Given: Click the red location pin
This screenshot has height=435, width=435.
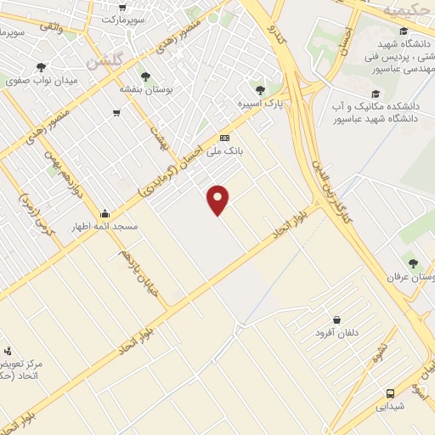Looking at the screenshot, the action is (218, 200).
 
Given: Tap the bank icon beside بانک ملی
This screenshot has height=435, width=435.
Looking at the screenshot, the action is (224, 138).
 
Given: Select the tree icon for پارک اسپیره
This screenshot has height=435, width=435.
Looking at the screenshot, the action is (260, 89).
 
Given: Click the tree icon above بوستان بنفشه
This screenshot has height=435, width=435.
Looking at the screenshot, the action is (144, 76).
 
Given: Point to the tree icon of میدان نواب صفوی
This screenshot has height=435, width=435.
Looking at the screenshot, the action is (41, 66).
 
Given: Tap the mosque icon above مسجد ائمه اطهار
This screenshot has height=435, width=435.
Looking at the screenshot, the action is (105, 214).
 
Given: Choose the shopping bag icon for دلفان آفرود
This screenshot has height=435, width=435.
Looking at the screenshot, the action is (337, 320).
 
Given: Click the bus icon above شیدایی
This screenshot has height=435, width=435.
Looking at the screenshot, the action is (390, 393).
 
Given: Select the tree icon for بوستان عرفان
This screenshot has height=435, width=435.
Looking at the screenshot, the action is (413, 264).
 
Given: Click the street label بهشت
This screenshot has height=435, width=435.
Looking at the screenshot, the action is (159, 138).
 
